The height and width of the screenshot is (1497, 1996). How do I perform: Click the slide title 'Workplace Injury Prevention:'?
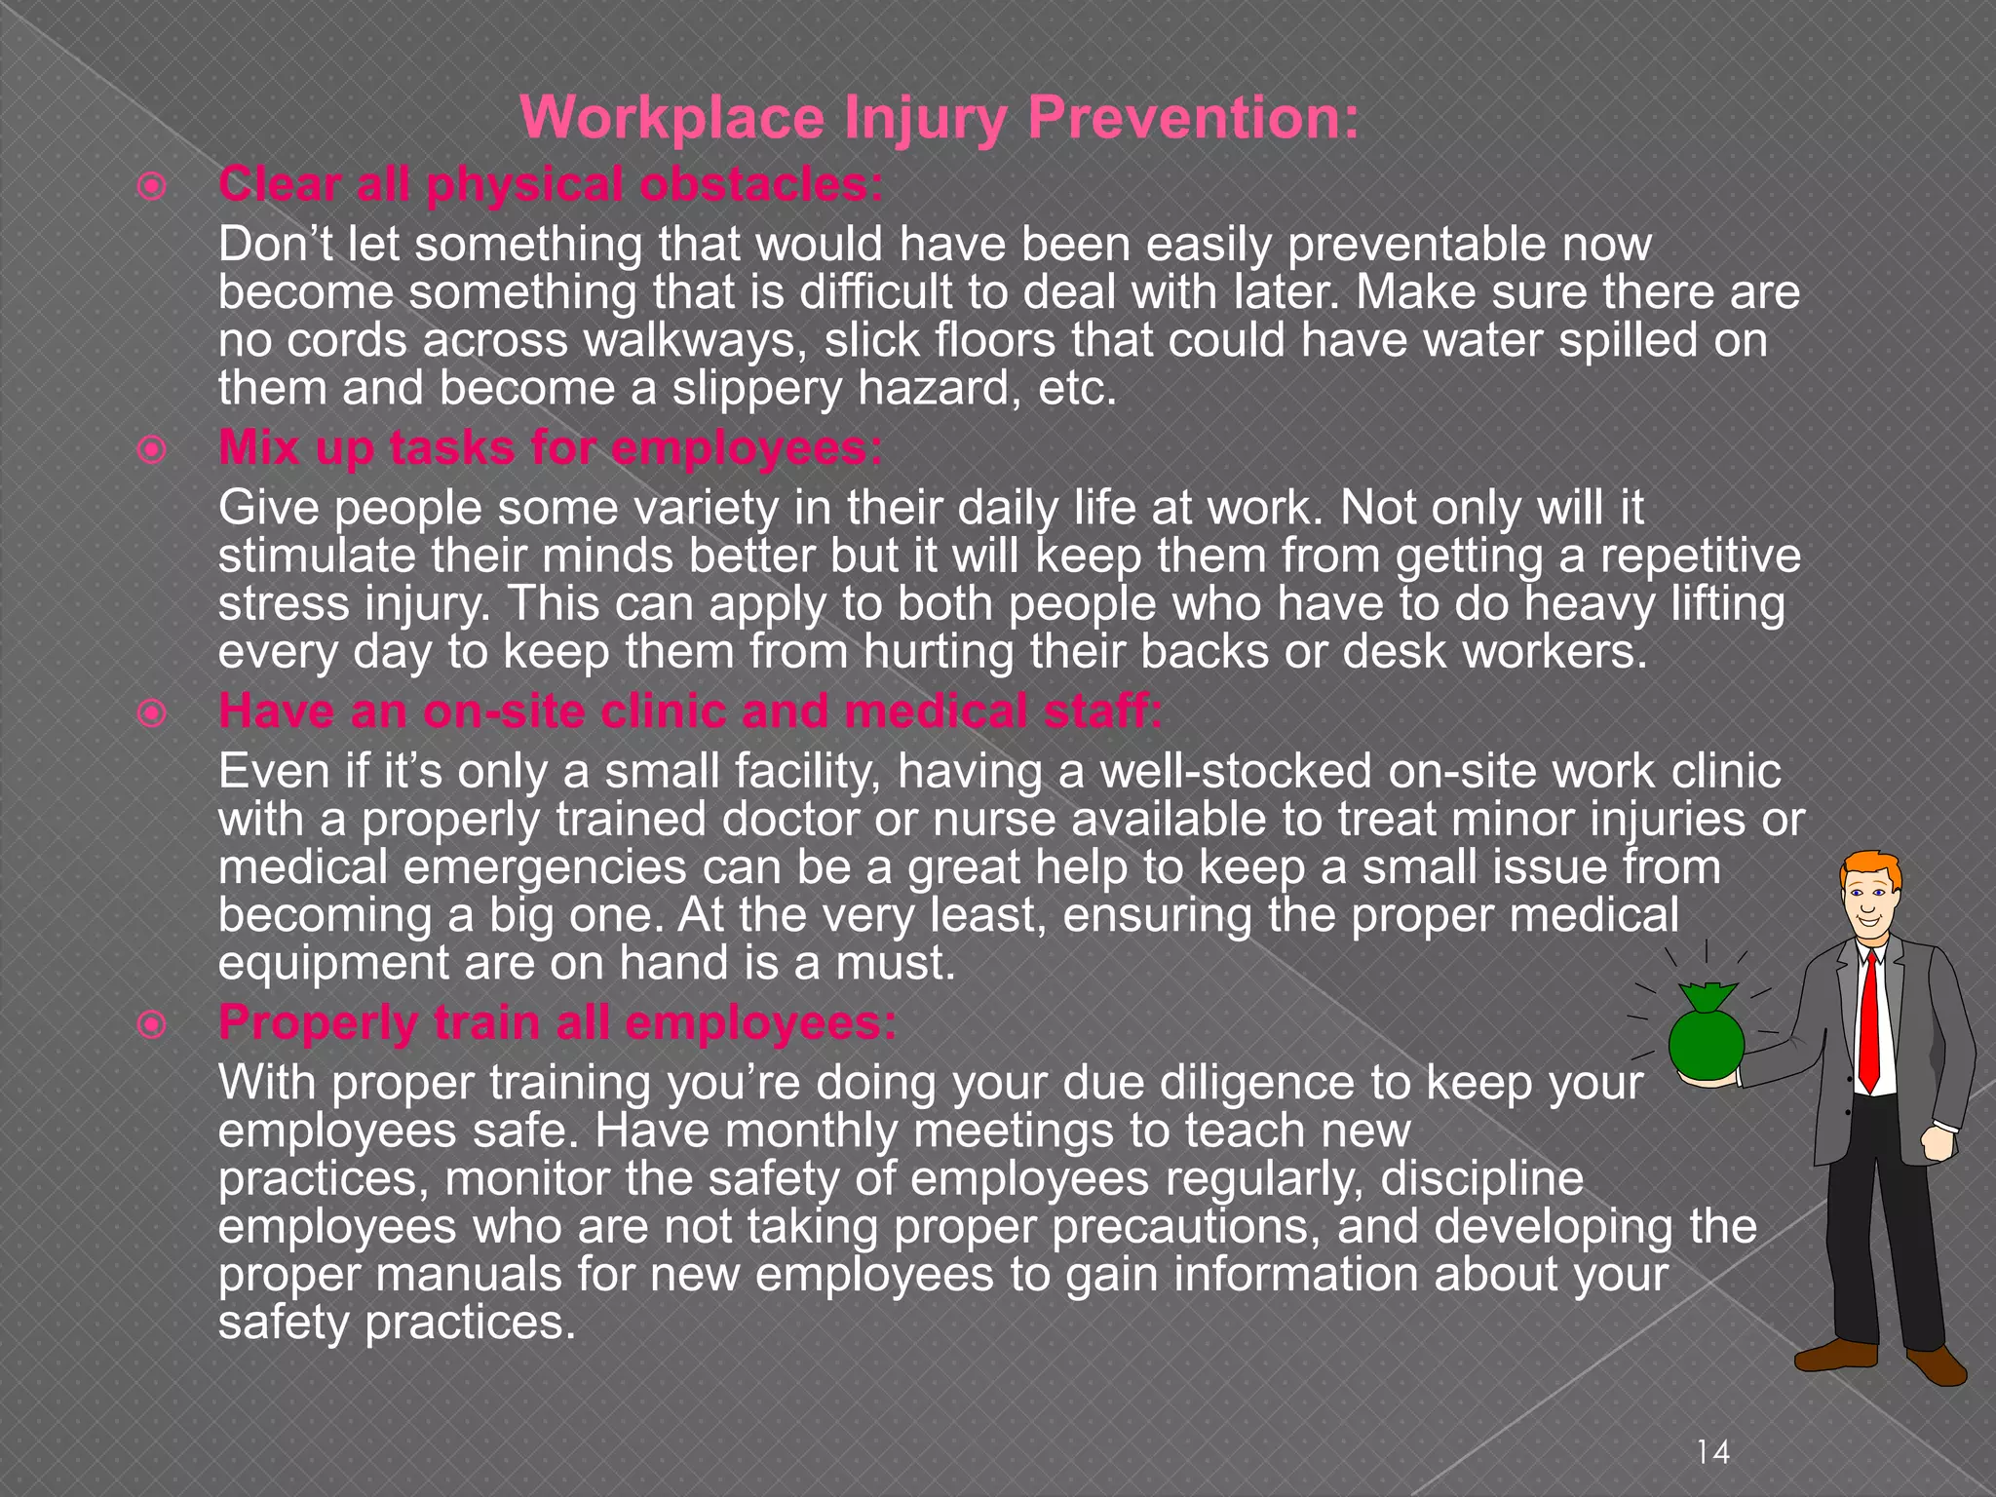tap(940, 118)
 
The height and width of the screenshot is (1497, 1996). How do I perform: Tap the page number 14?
tap(1712, 1453)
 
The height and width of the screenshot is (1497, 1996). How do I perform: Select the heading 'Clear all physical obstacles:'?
tap(551, 184)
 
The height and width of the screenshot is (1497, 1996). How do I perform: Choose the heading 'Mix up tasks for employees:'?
tap(551, 448)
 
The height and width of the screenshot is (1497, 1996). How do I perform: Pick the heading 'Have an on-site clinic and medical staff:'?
tap(690, 710)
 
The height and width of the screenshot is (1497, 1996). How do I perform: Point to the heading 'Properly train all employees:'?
tap(557, 1022)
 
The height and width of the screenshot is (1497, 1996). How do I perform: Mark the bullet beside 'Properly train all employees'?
tap(152, 1025)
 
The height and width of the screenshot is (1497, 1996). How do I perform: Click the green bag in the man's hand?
tap(1706, 1038)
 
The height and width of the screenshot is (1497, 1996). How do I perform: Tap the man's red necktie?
tap(1868, 1023)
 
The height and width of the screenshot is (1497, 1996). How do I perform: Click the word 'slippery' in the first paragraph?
tap(756, 389)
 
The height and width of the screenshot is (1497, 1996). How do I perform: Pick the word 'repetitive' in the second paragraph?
tap(1700, 557)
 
